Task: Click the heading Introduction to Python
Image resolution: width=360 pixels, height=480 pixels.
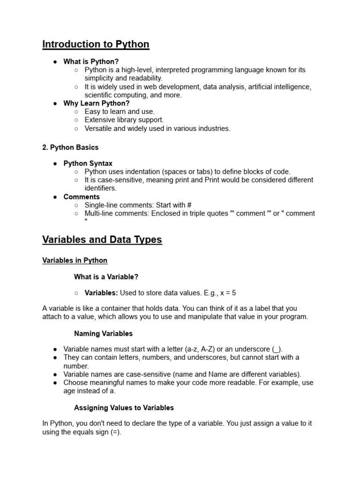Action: [96, 45]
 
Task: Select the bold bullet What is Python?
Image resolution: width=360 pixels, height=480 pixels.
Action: [91, 61]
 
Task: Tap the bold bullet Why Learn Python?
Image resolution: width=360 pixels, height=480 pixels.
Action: [97, 103]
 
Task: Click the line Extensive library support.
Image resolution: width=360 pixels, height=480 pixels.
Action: [124, 120]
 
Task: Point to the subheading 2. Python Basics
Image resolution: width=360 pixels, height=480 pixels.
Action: [70, 147]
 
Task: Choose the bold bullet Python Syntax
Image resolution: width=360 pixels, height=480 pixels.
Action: [88, 164]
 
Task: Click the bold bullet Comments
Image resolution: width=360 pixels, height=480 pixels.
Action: [82, 197]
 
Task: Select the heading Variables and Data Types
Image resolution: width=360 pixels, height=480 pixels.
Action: [102, 240]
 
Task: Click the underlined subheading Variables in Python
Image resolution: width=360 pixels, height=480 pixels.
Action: [75, 260]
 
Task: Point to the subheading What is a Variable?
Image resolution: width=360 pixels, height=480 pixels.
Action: [106, 277]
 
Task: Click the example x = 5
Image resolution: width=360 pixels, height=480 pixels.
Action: [227, 293]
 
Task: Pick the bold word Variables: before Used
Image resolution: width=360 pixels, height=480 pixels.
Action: [101, 293]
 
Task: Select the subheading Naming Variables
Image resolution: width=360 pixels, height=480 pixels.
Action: [103, 334]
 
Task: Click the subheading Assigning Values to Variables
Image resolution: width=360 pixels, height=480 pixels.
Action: [124, 407]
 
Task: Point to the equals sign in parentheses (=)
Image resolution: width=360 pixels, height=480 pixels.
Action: [115, 432]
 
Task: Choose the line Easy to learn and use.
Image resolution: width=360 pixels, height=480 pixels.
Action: [119, 112]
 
